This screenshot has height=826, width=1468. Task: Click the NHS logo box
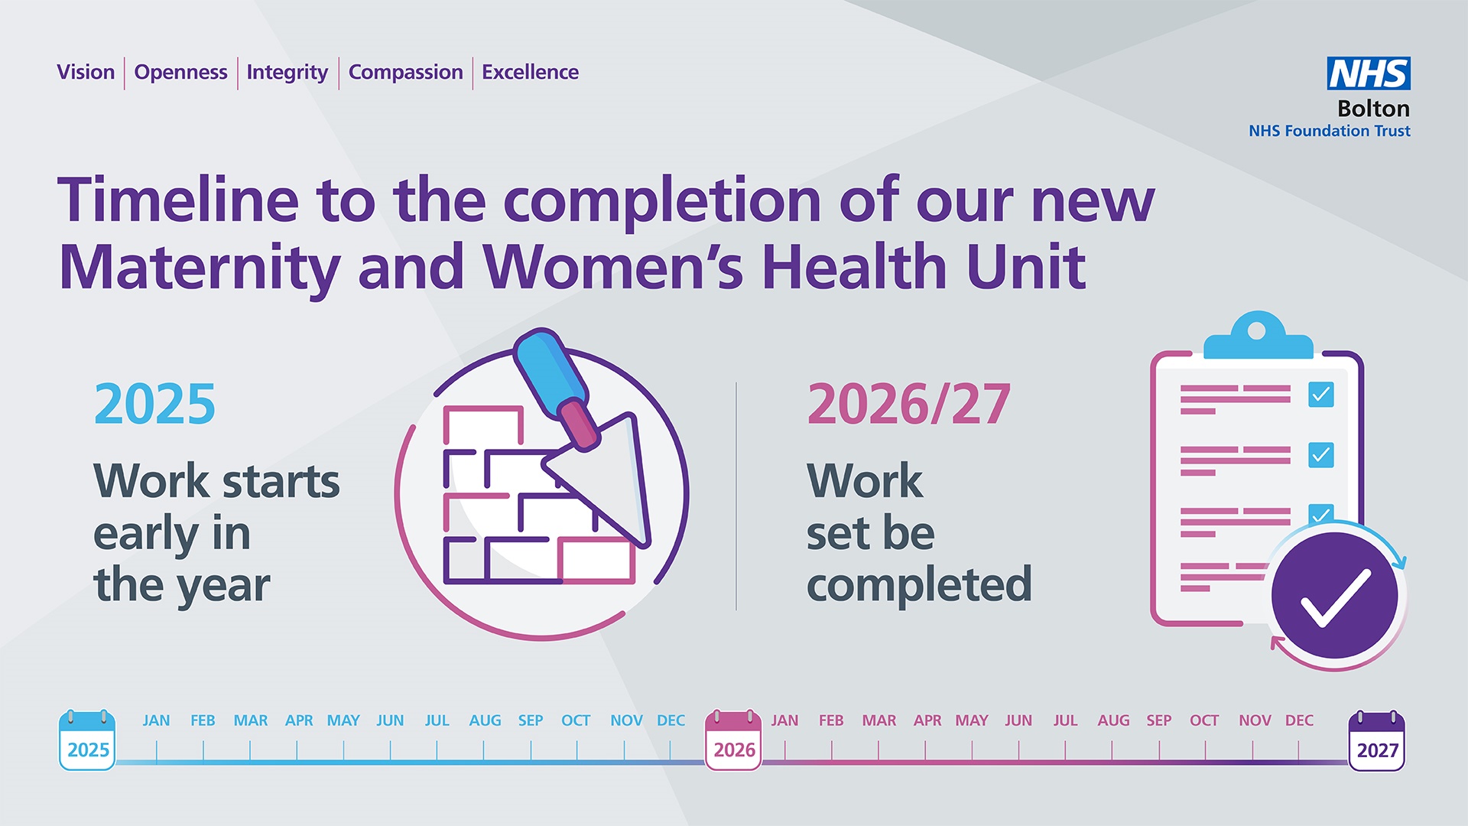1368,73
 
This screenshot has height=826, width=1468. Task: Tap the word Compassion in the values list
405,73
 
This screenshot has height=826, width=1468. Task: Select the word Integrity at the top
287,73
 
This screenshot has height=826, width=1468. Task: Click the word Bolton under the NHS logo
1373,109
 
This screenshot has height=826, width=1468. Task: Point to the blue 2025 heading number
154,404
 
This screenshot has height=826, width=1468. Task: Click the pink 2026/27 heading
908,404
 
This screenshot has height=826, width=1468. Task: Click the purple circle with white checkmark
1335,596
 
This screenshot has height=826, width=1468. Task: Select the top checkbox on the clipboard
1320,395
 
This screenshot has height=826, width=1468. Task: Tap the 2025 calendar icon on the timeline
87,740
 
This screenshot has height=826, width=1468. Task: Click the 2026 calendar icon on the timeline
733,740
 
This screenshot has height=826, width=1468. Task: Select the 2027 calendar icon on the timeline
1376,740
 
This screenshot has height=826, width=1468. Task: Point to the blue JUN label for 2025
390,720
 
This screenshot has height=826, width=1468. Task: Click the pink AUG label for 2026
1112,720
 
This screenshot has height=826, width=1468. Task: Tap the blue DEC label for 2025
671,720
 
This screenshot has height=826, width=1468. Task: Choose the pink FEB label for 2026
830,720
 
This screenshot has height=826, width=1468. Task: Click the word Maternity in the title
199,268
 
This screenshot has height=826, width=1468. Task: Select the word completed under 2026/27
919,585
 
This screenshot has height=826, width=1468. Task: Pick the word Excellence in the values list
530,73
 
